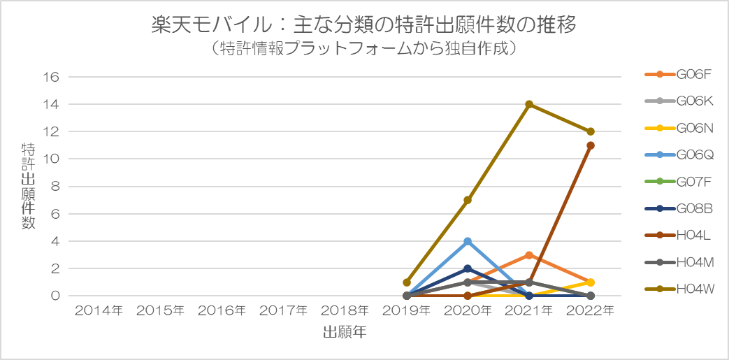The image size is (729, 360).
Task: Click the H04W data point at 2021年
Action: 529,104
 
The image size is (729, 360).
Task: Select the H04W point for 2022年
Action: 591,131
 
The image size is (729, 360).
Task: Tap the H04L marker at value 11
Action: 591,145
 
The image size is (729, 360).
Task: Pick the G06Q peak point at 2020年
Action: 468,241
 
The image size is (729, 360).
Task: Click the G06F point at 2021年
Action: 529,255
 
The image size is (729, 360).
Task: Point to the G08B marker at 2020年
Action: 468,268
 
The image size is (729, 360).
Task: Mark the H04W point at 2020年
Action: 468,200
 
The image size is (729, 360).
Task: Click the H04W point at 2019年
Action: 407,282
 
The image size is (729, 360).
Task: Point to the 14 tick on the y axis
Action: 55,104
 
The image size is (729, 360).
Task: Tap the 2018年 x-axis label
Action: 345,310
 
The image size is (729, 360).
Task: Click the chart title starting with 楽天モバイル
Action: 364,26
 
